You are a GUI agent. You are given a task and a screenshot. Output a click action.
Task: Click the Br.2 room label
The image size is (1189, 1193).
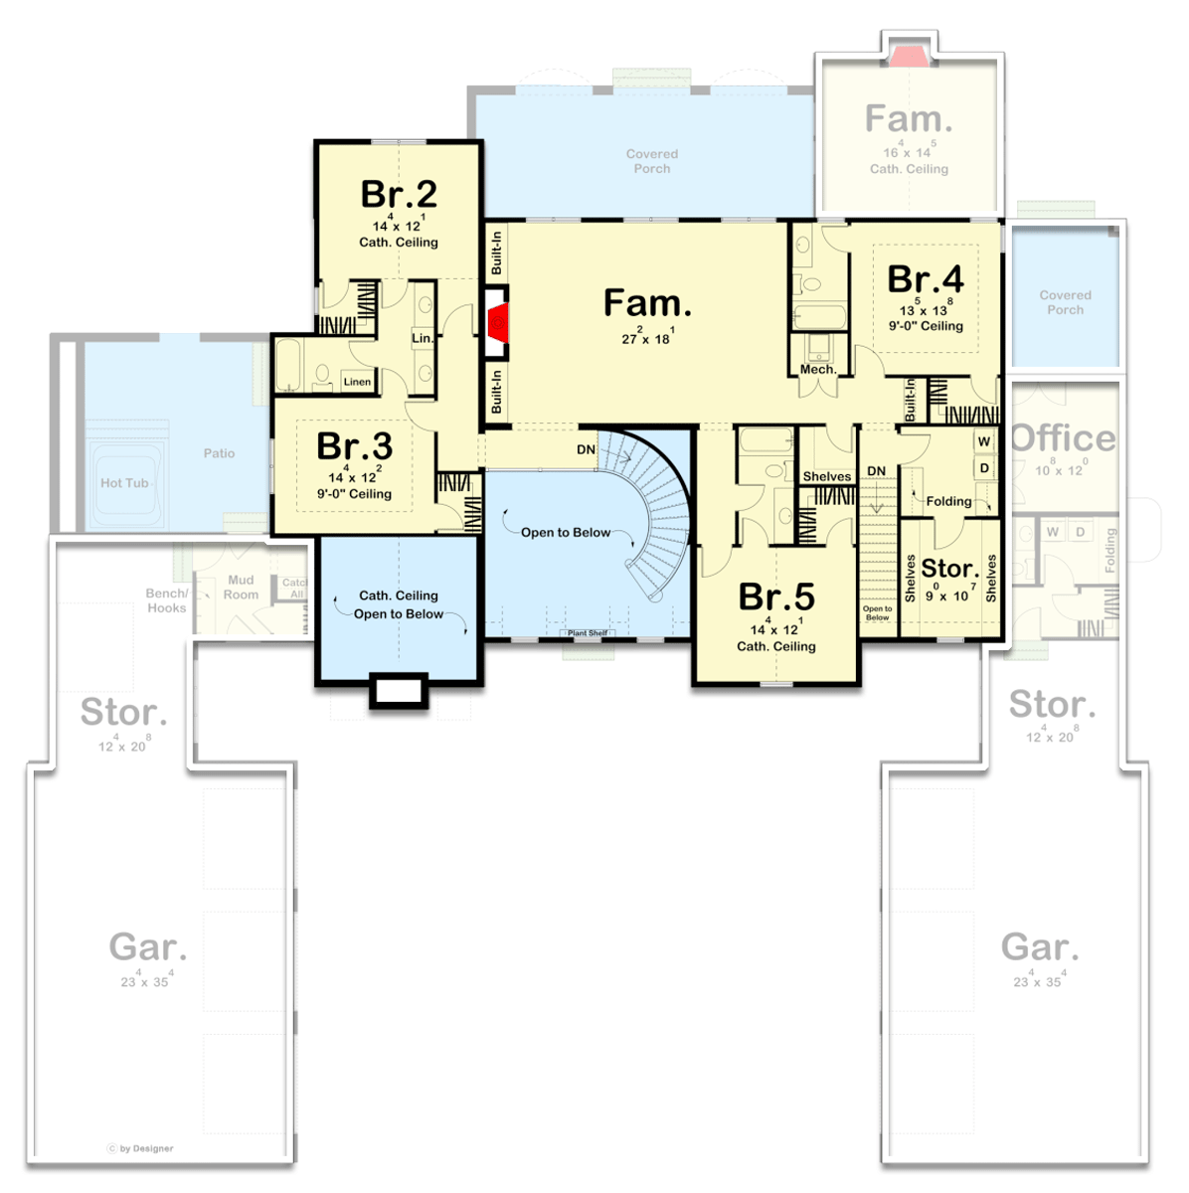click(x=399, y=193)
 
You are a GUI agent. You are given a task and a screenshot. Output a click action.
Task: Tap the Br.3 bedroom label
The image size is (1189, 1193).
click(x=354, y=446)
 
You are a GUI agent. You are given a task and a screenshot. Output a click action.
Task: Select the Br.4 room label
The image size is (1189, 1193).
click(x=925, y=279)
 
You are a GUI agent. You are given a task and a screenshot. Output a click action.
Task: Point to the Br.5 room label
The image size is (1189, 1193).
click(x=776, y=596)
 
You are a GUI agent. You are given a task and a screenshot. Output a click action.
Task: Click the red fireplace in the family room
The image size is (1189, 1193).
click(x=498, y=323)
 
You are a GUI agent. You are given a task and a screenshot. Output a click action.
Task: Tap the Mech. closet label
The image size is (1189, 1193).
click(x=818, y=369)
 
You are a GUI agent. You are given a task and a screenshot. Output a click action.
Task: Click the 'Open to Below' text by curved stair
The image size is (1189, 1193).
click(x=566, y=532)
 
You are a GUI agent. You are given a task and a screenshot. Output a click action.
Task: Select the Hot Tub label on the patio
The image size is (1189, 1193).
click(x=124, y=483)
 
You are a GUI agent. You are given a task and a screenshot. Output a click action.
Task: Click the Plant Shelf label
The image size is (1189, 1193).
click(x=588, y=633)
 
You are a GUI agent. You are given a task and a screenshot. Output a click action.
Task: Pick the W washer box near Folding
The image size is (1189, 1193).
click(x=984, y=441)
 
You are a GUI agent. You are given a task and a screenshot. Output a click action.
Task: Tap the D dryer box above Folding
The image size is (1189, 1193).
click(x=984, y=467)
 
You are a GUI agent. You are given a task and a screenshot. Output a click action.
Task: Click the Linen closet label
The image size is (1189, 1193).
click(x=357, y=382)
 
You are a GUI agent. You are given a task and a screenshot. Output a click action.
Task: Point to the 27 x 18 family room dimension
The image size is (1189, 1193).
click(x=647, y=338)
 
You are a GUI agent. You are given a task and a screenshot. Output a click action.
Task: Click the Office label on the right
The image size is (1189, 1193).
click(x=1063, y=437)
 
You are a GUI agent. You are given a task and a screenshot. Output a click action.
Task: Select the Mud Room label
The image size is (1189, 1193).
click(x=241, y=588)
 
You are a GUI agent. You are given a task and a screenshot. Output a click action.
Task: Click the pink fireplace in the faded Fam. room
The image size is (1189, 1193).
click(x=908, y=56)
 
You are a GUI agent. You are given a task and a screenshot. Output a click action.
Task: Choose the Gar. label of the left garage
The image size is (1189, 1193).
click(x=147, y=946)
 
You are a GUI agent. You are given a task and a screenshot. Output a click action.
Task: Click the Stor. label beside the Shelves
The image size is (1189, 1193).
click(x=949, y=569)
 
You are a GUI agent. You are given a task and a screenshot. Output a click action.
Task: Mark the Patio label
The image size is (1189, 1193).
click(x=219, y=453)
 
